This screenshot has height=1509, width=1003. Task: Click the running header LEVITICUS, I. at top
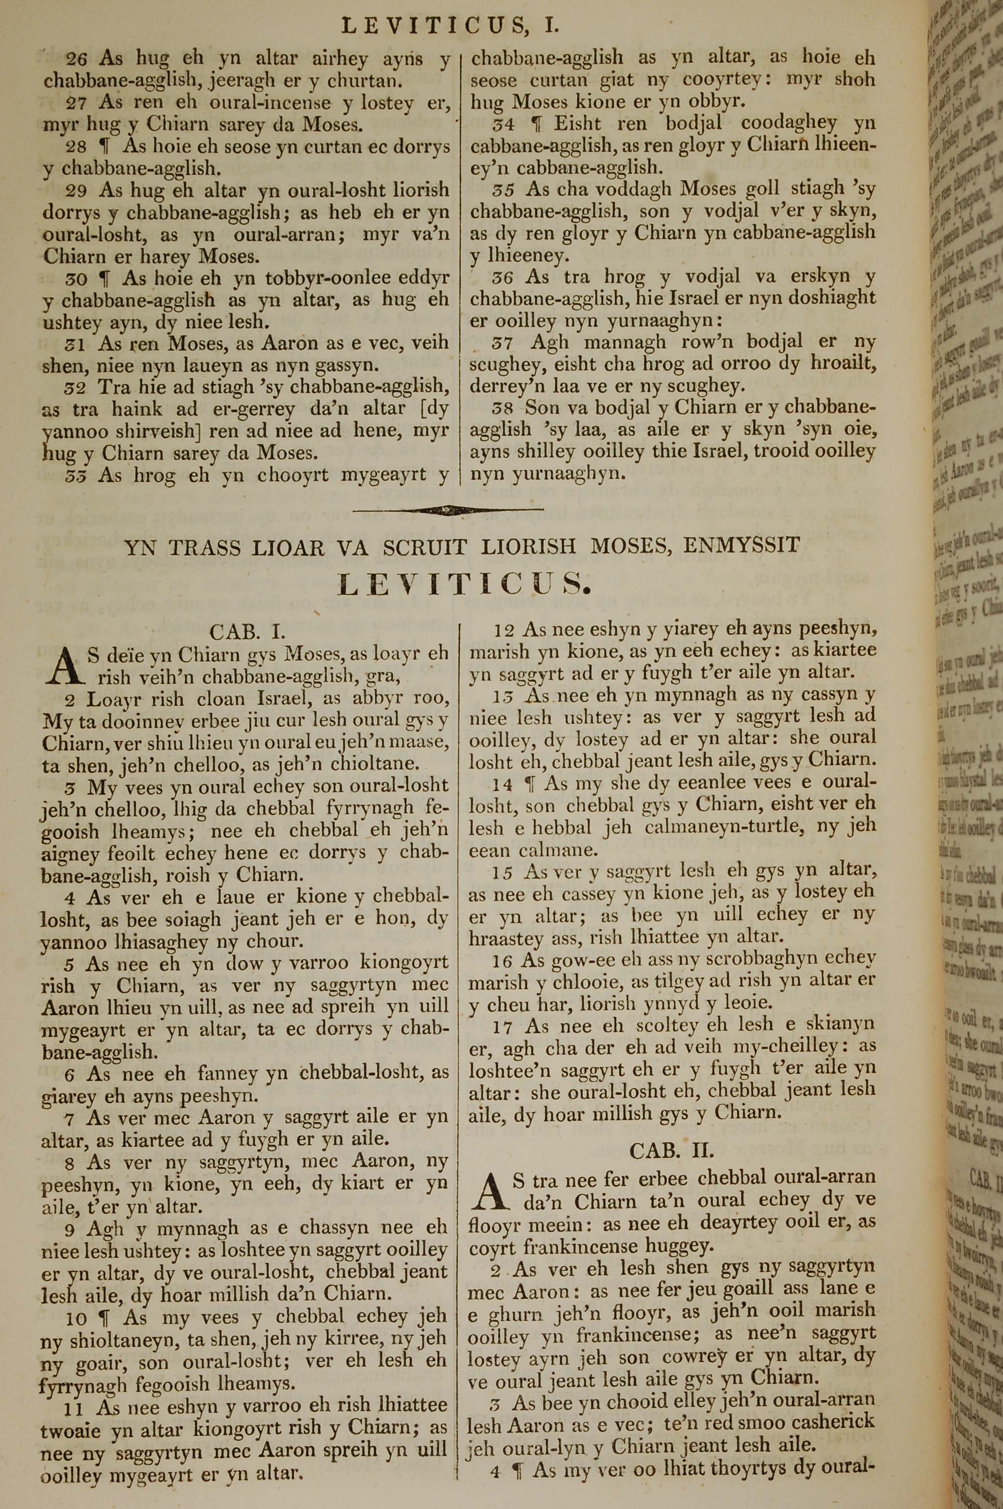coord(450,25)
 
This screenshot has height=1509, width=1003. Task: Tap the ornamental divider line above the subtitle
coord(448,510)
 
